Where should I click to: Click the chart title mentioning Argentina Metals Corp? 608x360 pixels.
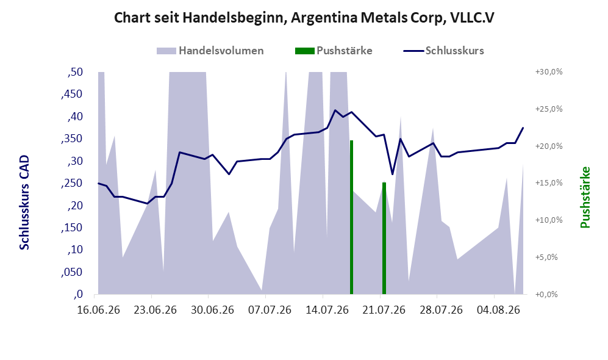tap(304, 18)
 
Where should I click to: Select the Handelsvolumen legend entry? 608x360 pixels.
tap(210, 51)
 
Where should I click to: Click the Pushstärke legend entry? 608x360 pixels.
tap(334, 51)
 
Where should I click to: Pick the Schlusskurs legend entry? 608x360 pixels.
tap(443, 51)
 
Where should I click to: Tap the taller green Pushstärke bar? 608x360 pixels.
tap(352, 217)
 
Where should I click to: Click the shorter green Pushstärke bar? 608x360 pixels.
tap(384, 238)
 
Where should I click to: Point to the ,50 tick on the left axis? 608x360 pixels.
tap(75, 72)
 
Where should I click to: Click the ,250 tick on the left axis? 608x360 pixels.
tap(72, 183)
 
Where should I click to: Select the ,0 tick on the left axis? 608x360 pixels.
tap(78, 294)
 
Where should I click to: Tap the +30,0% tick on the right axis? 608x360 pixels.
tap(549, 72)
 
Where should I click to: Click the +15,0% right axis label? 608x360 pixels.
tap(549, 182)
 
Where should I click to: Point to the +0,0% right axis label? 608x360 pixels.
tap(546, 294)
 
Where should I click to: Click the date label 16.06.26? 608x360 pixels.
tap(99, 311)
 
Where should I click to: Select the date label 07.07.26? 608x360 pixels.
tap(270, 311)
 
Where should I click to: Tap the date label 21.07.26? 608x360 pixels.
tap(384, 311)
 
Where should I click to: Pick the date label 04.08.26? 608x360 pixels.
tap(498, 311)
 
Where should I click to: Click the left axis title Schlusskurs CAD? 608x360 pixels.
tap(24, 203)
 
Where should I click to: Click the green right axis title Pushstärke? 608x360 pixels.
tap(585, 198)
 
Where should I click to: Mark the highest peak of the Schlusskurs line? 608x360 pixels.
tap(335, 110)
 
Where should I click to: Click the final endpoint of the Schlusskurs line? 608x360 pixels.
tap(523, 128)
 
